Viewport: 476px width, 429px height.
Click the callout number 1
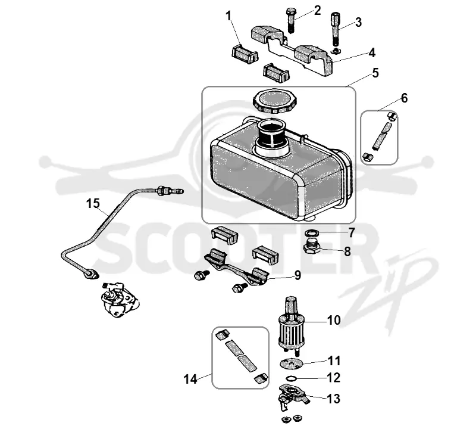pyautogui.click(x=228, y=16)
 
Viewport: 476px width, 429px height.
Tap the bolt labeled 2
pyautogui.click(x=290, y=20)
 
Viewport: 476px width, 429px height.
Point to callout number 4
pyautogui.click(x=372, y=52)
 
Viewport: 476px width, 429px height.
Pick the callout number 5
pyautogui.click(x=375, y=73)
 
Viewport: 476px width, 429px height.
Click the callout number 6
pyautogui.click(x=404, y=98)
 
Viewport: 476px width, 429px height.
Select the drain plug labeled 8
pyautogui.click(x=312, y=247)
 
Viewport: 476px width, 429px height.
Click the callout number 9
pyautogui.click(x=297, y=275)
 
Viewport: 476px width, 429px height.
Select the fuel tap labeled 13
pyautogui.click(x=292, y=396)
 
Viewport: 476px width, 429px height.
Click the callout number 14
pyautogui.click(x=190, y=379)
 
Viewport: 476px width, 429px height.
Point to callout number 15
pyautogui.click(x=93, y=203)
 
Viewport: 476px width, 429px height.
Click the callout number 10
pyautogui.click(x=334, y=320)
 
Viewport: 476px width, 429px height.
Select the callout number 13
pyautogui.click(x=333, y=399)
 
